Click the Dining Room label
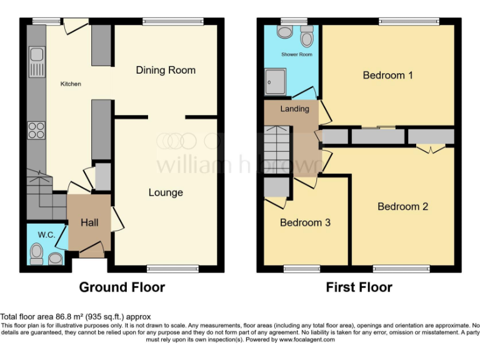pos(166,70)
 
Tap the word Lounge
pos(166,192)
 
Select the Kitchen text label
pos(71,84)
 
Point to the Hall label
pos(89,221)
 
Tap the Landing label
pos(294,109)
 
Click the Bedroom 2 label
pos(402,206)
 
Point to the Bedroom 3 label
pos(304,222)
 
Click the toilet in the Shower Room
pos(306,39)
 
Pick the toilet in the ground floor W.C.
pos(37,254)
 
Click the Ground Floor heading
pos(122,287)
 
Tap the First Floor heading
pos(359,287)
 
